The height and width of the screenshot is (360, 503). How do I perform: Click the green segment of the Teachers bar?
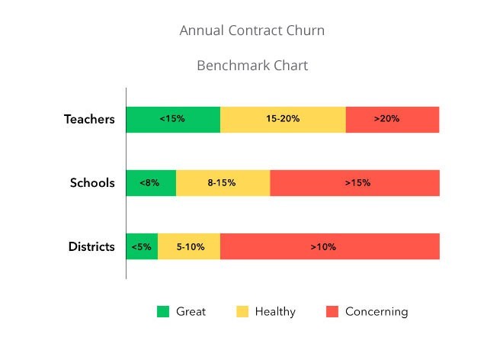[173, 119]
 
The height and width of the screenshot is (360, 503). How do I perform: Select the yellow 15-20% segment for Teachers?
[283, 119]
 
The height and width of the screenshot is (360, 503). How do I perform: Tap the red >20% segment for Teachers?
[392, 119]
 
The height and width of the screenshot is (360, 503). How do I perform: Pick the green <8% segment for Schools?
[151, 183]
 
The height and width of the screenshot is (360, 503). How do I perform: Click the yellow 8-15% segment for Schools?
[223, 183]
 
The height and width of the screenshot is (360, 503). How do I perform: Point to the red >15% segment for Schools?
[355, 183]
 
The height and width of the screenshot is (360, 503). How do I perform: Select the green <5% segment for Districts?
[142, 246]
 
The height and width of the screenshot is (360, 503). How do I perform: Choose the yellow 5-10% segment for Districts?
[189, 246]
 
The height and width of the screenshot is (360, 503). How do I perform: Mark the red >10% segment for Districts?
[330, 246]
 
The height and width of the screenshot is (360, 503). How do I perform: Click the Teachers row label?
[89, 119]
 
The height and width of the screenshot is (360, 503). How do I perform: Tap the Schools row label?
[92, 183]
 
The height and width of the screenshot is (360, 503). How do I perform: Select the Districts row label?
[91, 246]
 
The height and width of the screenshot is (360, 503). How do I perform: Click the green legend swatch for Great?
[163, 311]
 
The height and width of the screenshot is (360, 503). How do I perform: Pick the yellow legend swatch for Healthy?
[242, 311]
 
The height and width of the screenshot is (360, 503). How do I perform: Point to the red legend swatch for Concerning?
[332, 311]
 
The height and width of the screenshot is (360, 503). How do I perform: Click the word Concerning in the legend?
[376, 311]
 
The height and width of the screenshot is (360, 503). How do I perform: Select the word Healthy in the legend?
[275, 311]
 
